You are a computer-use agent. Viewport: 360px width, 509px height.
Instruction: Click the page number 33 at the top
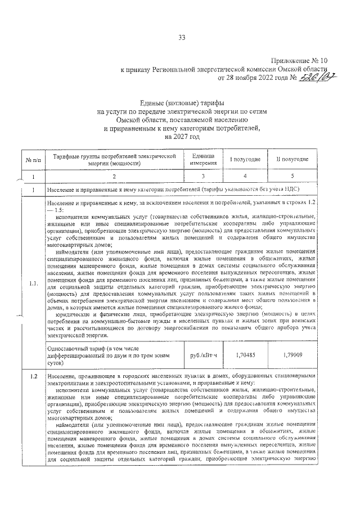pos(182,38)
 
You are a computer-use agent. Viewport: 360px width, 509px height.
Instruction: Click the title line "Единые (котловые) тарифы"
pos(182,102)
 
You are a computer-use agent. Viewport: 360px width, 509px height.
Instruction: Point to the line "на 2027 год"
pos(182,136)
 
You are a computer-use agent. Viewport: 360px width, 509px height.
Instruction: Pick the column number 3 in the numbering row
pos(203,178)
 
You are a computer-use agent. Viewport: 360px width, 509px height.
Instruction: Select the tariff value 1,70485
pos(245,355)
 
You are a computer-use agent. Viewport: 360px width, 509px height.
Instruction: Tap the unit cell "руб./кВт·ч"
pos(203,355)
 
